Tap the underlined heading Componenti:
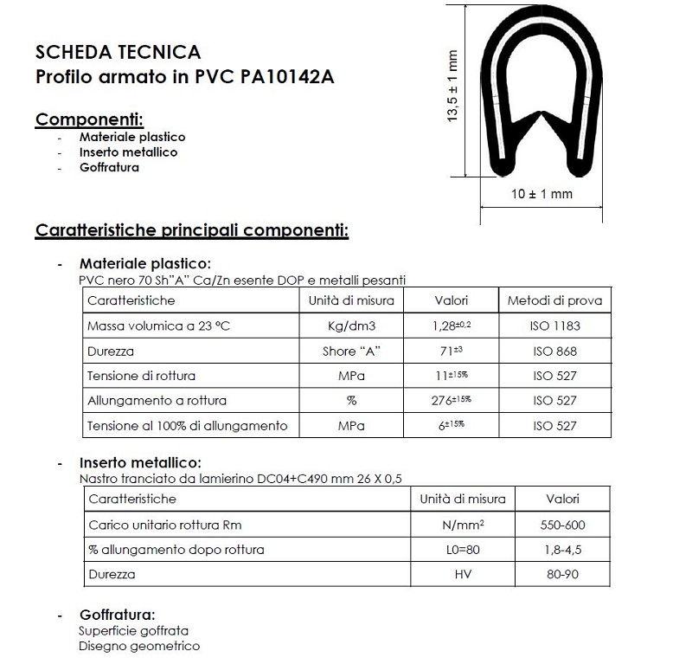tap(89, 119)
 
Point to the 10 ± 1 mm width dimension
tap(541, 194)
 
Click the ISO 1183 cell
tap(554, 326)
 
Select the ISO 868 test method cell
tap(554, 351)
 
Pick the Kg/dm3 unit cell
tap(351, 326)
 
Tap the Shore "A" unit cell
tap(351, 351)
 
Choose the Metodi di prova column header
tap(554, 300)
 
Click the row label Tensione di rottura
tap(141, 376)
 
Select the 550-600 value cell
tap(562, 525)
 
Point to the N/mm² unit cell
tap(462, 525)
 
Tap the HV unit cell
tap(462, 574)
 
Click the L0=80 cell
tap(462, 550)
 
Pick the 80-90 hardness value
tap(562, 574)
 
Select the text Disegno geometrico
tap(138, 646)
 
